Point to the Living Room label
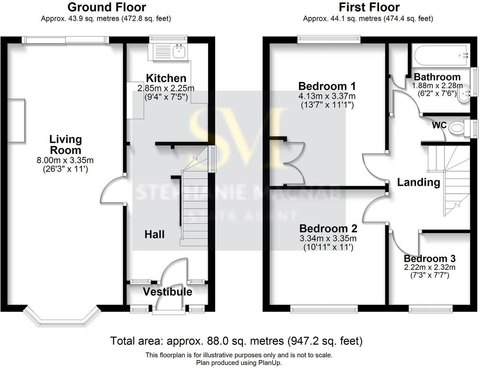click(x=66, y=145)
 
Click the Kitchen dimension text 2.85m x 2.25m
click(x=166, y=88)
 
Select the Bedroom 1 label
click(x=327, y=86)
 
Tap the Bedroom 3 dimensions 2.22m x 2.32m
click(x=429, y=267)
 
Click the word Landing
click(x=418, y=182)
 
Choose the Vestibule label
click(x=167, y=292)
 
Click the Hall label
click(x=155, y=234)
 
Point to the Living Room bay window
click(x=62, y=318)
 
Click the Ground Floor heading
click(x=106, y=7)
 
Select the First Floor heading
click(x=369, y=7)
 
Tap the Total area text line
click(x=236, y=340)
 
